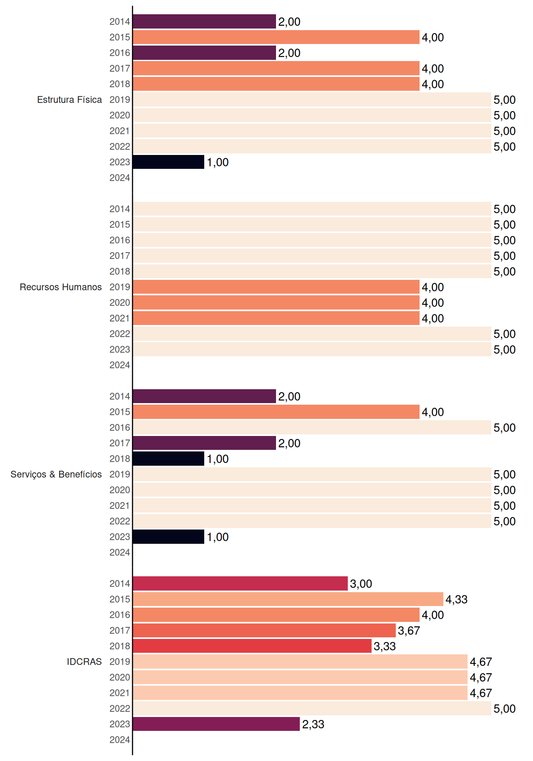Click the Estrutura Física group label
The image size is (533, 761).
(69, 99)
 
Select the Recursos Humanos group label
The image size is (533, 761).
(61, 287)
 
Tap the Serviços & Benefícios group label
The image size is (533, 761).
(56, 474)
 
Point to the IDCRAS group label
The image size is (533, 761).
(84, 662)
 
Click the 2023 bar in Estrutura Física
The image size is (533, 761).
(169, 162)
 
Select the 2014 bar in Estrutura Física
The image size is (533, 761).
(204, 21)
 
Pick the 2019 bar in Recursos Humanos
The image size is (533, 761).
(276, 287)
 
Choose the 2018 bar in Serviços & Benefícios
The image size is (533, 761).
(169, 459)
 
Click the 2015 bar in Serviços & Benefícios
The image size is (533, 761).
(276, 412)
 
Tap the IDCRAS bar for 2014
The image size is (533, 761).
(240, 583)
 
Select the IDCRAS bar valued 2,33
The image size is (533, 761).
(216, 724)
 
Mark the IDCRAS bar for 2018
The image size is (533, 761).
(252, 646)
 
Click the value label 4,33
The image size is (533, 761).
(456, 599)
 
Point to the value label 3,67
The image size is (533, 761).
(409, 631)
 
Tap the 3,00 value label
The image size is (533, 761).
(361, 584)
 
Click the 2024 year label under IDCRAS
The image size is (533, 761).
(120, 740)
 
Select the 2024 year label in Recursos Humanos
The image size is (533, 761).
(120, 365)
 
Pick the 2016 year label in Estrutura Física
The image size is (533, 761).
(120, 53)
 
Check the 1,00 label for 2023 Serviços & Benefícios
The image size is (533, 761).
(218, 537)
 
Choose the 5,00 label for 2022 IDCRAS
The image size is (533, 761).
(504, 709)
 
